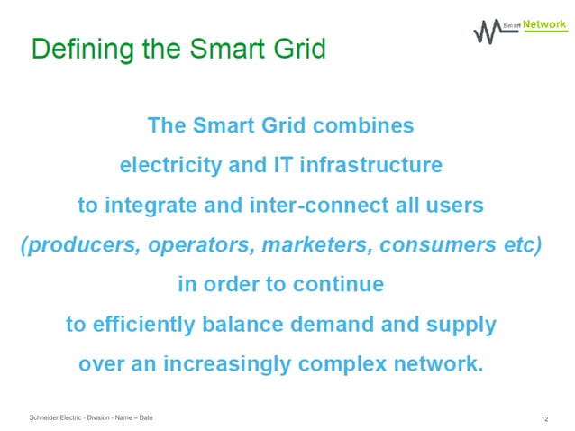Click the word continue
coord(340,284)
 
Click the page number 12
coord(545,419)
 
